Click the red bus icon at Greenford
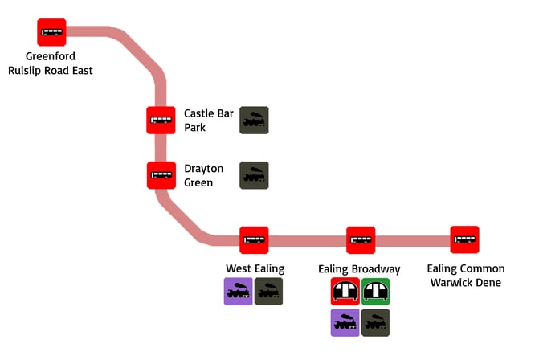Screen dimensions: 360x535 click(x=52, y=32)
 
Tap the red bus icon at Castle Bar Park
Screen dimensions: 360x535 click(x=161, y=121)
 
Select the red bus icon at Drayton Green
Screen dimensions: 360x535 click(x=161, y=175)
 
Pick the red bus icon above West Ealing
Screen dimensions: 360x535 click(x=254, y=239)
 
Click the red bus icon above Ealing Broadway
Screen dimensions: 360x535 click(x=361, y=239)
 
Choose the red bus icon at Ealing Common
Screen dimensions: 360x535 click(x=464, y=239)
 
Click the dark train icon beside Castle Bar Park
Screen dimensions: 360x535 click(x=254, y=121)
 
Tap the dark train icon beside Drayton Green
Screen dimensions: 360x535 click(x=254, y=175)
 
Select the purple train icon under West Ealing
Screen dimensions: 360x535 click(x=238, y=291)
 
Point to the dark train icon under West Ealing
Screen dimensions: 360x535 click(x=269, y=291)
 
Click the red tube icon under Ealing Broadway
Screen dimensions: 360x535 click(x=345, y=291)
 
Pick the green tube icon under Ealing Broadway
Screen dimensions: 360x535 click(x=376, y=291)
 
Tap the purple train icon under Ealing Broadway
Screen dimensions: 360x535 click(x=345, y=322)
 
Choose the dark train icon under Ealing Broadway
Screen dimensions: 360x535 click(x=376, y=322)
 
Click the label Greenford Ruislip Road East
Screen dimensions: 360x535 click(x=51, y=63)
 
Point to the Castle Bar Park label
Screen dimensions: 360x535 click(x=208, y=121)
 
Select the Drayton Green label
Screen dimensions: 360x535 click(x=203, y=175)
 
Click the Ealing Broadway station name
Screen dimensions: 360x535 click(x=359, y=268)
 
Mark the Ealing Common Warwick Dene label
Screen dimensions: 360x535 click(x=466, y=275)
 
